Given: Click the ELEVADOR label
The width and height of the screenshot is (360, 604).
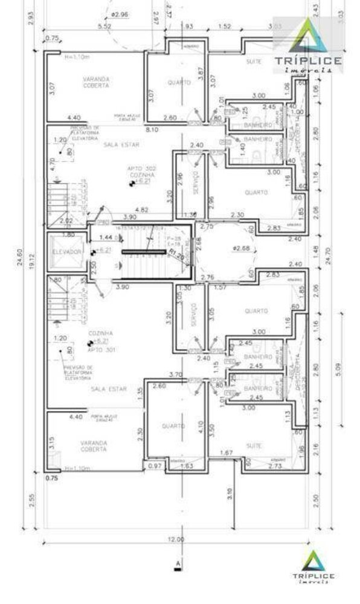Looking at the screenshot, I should point(66,251).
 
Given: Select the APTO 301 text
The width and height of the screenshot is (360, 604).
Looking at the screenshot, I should point(85,350).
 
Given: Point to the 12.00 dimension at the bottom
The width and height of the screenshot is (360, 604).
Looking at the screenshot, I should point(178,539).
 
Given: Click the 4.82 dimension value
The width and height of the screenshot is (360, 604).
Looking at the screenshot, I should point(142,210).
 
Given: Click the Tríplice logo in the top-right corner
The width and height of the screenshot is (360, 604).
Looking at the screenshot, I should point(308,48).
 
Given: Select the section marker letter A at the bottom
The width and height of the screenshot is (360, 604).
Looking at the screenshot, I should point(178,564).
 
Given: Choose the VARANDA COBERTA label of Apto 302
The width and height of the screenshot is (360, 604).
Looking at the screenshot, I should point(92,82).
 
